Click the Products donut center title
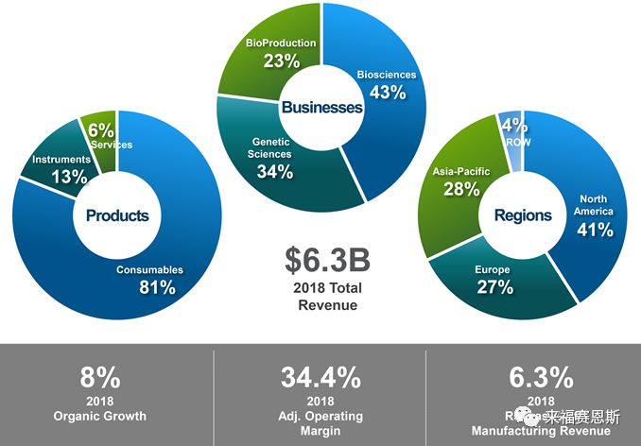[117, 215]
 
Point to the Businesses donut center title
[320, 108]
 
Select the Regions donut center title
[523, 215]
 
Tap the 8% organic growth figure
[99, 378]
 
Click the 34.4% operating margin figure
[320, 378]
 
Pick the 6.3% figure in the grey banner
[541, 378]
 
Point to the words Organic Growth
[99, 416]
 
